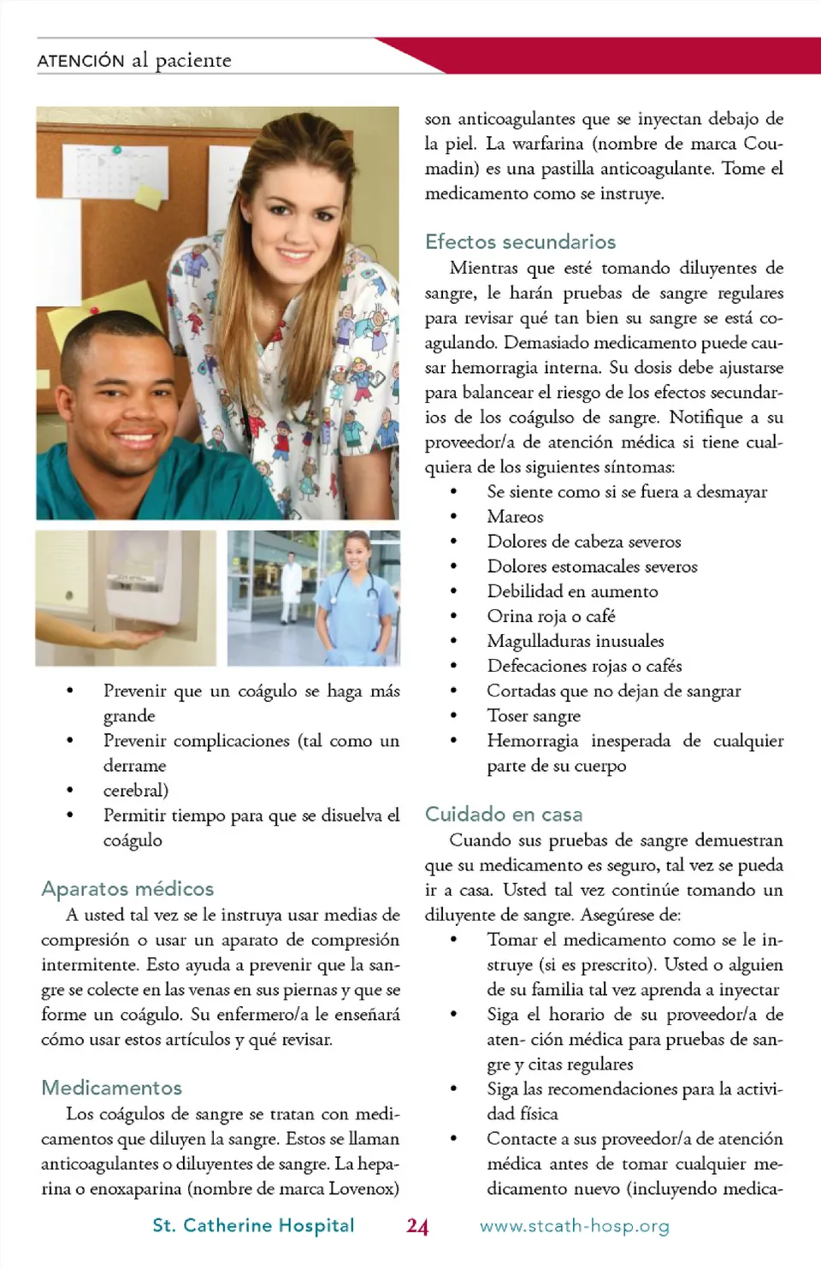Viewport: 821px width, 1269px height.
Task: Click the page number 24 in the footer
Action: [x=417, y=1225]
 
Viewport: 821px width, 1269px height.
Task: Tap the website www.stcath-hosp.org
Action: [x=575, y=1225]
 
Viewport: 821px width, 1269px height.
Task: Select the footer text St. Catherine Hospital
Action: [x=253, y=1225]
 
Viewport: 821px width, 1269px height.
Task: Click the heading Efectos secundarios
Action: [x=520, y=241]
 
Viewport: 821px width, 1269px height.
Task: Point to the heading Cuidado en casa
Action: [x=504, y=814]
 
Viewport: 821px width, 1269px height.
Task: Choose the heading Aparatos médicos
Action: [x=127, y=888]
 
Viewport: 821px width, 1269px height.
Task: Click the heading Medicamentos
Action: [x=112, y=1088]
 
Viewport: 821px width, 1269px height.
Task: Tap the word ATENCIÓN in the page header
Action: [x=81, y=61]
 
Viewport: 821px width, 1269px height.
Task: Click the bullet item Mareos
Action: [x=515, y=516]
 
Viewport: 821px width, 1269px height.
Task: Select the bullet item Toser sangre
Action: [x=534, y=715]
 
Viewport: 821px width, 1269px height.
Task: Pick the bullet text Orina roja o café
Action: [x=551, y=616]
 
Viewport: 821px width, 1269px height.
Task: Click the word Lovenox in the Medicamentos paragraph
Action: [x=363, y=1189]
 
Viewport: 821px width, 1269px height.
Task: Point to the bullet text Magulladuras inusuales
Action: [x=575, y=641]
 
